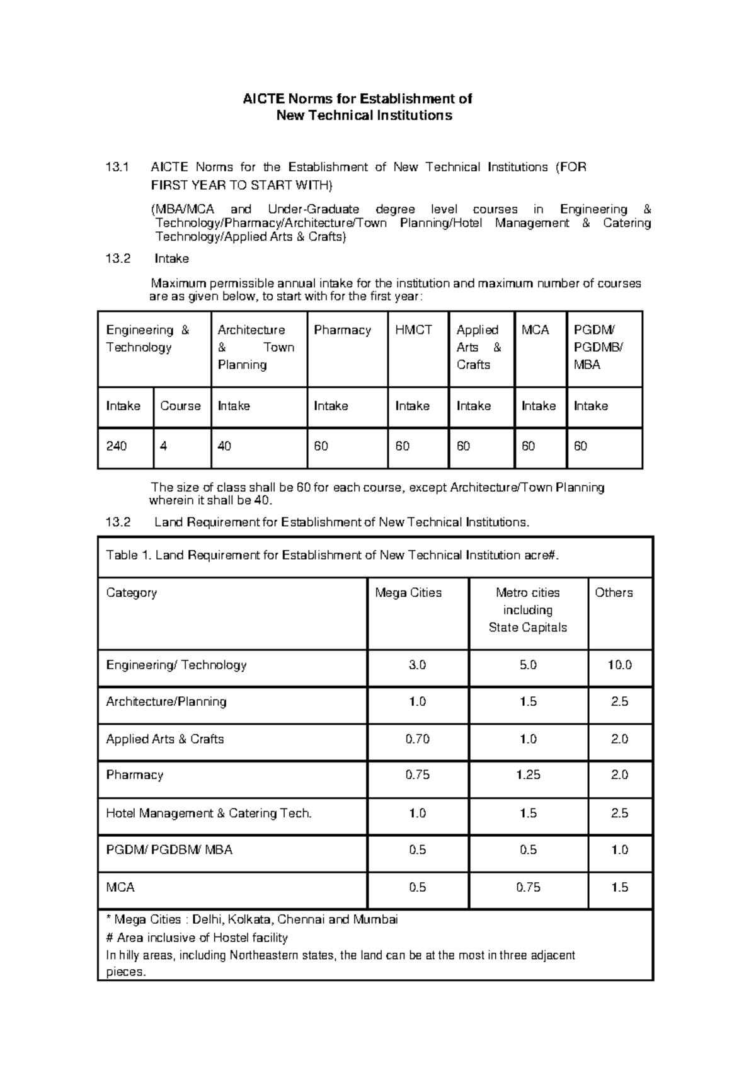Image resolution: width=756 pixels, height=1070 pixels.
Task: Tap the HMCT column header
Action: pos(413,330)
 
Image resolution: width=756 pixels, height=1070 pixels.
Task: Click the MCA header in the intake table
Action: pos(535,330)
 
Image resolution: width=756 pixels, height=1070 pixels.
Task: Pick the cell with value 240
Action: pos(117,446)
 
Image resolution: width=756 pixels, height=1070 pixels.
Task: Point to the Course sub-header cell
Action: pos(180,406)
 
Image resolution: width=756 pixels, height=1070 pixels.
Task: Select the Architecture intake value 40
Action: pos(224,446)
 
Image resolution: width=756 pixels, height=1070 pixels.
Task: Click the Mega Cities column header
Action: pos(408,593)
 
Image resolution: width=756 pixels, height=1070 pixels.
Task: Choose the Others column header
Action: pos(614,593)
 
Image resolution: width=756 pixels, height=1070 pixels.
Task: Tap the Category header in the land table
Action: pos(132,593)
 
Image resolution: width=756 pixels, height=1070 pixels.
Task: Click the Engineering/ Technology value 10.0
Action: pos(619,665)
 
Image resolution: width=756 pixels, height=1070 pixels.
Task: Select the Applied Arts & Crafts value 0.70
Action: pos(417,739)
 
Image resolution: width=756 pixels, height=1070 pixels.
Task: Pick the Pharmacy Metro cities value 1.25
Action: pos(528,775)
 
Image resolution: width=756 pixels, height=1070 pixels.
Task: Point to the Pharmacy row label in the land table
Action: pos(135,775)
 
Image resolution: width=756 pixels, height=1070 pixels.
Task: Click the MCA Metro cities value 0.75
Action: pos(528,887)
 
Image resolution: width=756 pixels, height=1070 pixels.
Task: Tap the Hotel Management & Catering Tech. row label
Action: pos(209,814)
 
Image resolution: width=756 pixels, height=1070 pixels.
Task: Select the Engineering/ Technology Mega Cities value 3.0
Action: pos(417,665)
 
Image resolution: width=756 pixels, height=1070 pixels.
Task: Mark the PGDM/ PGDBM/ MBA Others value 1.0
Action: pos(619,850)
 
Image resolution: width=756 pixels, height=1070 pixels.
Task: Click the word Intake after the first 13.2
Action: pos(171,259)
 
